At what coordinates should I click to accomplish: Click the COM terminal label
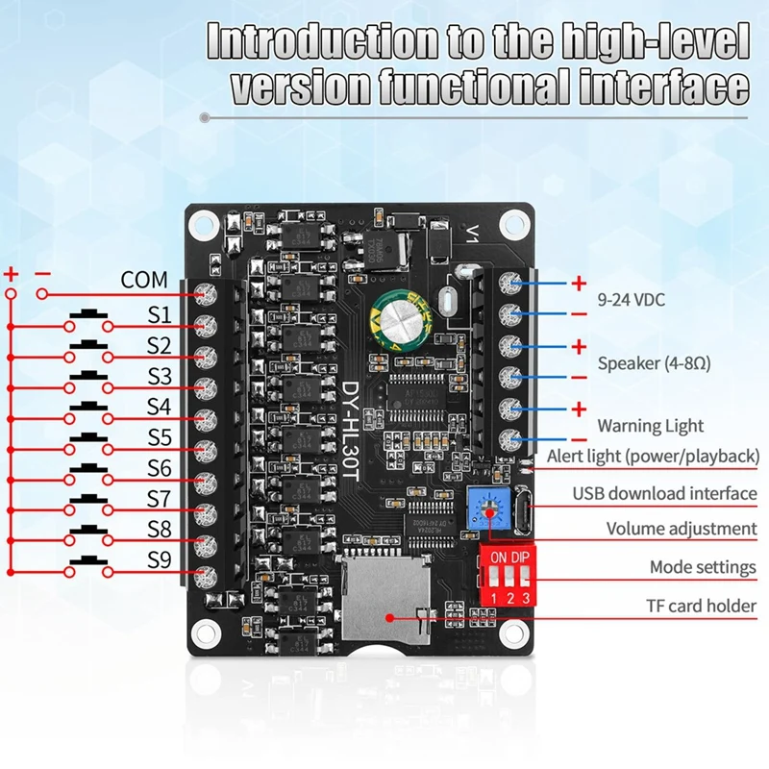click(143, 281)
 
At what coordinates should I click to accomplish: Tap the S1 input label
click(159, 314)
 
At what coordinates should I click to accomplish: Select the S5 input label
click(160, 437)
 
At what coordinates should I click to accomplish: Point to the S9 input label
click(160, 559)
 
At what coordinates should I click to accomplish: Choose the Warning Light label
click(651, 426)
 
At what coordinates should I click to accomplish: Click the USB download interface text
click(664, 493)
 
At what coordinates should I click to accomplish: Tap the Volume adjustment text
click(681, 529)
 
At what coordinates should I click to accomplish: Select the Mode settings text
click(703, 568)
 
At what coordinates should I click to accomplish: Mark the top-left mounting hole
click(203, 224)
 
